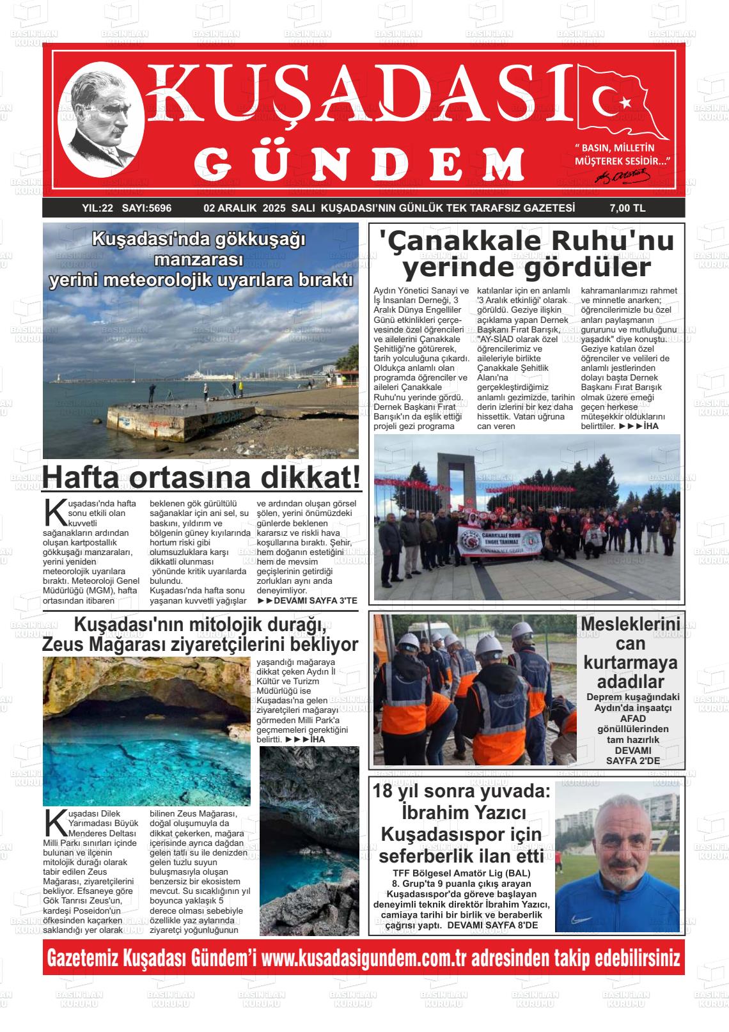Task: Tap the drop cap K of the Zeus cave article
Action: [55, 822]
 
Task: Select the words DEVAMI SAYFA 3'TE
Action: [307, 600]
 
